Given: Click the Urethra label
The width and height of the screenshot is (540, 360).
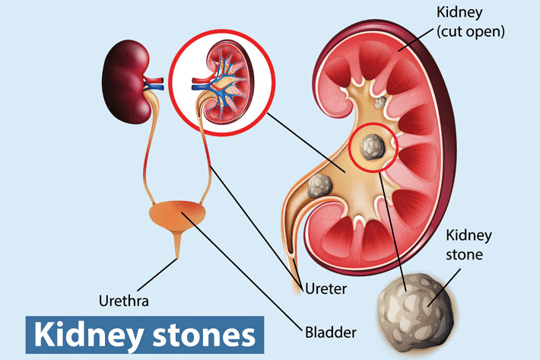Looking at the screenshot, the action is [x=124, y=301].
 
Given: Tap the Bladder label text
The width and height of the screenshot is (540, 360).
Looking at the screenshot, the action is [x=331, y=333].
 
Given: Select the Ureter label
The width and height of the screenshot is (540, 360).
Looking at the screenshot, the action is [x=326, y=288].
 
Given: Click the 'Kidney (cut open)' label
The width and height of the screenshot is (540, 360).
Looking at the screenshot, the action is [x=471, y=22].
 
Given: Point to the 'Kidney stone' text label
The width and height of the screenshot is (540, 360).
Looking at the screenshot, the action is [x=469, y=245].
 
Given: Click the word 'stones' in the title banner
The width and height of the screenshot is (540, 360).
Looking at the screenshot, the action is [x=204, y=335].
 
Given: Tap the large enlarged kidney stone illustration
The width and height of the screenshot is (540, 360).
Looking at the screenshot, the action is [x=417, y=312].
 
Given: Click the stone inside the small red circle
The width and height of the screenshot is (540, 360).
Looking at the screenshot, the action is [x=372, y=148].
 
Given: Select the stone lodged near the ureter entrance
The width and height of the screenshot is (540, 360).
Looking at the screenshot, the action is [x=320, y=186].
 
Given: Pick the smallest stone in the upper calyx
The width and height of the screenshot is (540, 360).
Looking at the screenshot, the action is [x=380, y=102].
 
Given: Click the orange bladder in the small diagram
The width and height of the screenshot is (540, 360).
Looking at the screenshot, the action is [x=177, y=215].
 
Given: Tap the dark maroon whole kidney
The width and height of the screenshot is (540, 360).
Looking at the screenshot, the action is [x=126, y=81].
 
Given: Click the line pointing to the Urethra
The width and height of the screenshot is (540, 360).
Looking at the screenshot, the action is [x=157, y=276].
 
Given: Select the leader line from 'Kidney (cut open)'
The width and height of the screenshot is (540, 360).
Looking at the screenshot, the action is [x=415, y=40].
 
